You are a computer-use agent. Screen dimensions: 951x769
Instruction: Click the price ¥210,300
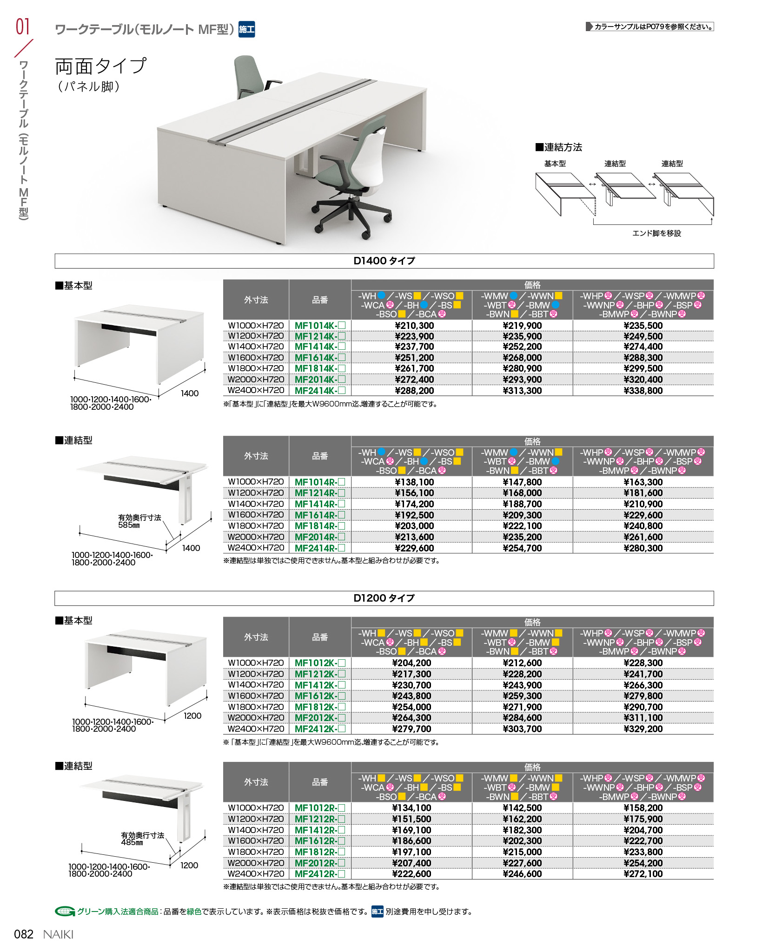(x=414, y=326)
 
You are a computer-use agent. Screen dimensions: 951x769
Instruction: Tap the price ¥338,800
(x=643, y=391)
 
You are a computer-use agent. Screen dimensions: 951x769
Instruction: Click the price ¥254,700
(x=522, y=548)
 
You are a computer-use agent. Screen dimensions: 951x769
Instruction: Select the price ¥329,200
(x=643, y=729)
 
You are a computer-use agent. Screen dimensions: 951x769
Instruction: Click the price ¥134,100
(x=411, y=808)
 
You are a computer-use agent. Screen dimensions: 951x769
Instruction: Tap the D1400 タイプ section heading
(x=384, y=261)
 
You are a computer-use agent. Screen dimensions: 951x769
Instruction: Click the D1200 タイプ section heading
(x=384, y=598)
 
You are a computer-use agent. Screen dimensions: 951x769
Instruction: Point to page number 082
(x=24, y=934)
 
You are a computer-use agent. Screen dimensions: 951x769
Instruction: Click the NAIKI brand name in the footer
(x=58, y=934)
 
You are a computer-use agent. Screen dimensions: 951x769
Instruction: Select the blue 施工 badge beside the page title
(x=246, y=30)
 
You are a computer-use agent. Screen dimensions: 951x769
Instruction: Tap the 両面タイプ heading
(x=101, y=66)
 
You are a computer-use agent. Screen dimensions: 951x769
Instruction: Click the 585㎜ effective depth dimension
(x=129, y=525)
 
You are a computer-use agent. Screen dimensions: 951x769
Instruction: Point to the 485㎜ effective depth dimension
(x=132, y=842)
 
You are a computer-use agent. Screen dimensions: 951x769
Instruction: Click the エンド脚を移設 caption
(x=656, y=233)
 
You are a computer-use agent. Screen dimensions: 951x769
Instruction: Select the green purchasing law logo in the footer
(x=65, y=912)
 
